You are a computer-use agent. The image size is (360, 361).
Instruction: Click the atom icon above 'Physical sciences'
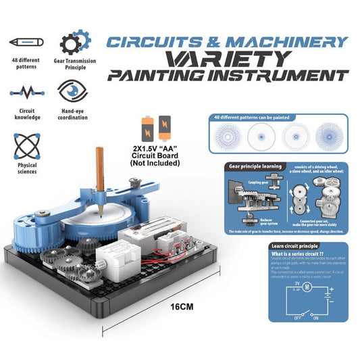click(26, 145)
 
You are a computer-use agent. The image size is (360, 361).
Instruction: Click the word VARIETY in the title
click(222, 57)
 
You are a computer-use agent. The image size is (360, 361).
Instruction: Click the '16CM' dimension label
click(181, 306)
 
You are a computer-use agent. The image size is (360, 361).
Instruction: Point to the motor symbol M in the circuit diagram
click(307, 287)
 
